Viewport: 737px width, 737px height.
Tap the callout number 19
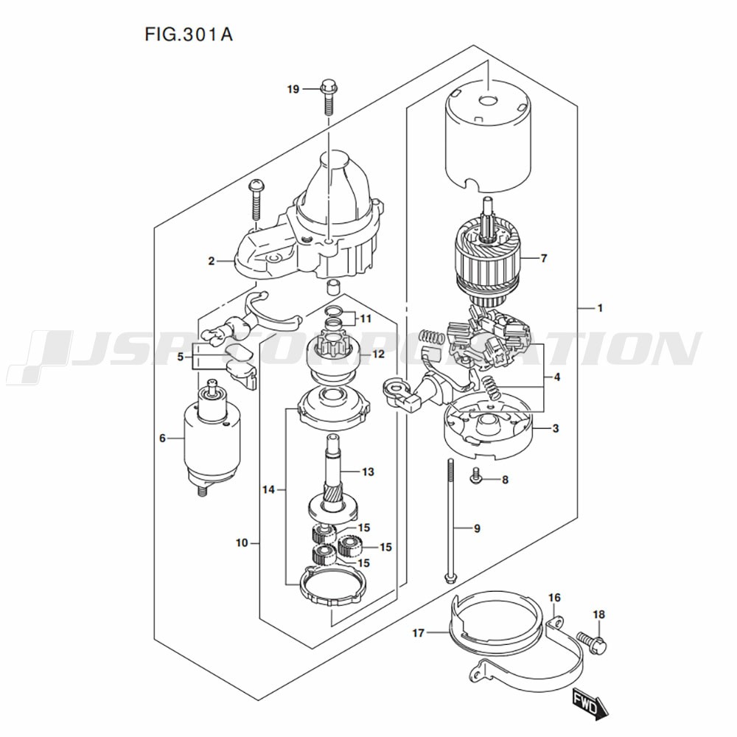[293, 90]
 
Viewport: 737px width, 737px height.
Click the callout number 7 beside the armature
[544, 259]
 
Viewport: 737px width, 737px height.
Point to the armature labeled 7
[488, 262]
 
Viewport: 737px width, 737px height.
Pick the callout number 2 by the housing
[211, 260]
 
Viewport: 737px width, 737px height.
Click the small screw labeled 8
[476, 478]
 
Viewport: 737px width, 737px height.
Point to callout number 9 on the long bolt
[477, 528]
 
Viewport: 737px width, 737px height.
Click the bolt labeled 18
[592, 641]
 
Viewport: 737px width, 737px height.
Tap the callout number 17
[418, 632]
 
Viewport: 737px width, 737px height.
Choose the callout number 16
[554, 597]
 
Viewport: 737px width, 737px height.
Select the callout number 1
[600, 308]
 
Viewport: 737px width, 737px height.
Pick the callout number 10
[242, 544]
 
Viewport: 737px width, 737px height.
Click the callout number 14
[268, 489]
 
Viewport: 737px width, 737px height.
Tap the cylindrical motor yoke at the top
[488, 136]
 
